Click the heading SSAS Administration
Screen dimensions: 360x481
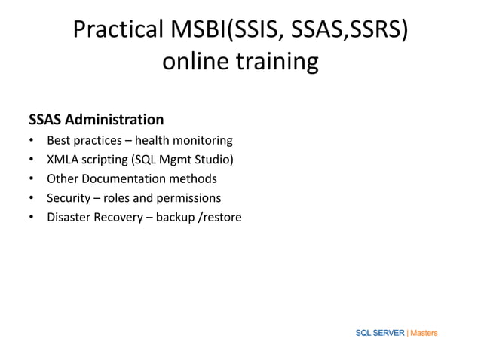pos(96,120)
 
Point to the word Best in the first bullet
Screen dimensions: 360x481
pos(60,140)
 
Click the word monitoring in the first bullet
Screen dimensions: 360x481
pos(201,140)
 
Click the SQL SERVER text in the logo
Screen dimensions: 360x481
pos(379,333)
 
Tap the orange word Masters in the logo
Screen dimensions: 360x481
pos(424,333)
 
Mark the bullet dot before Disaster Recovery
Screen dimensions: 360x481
pos(31,218)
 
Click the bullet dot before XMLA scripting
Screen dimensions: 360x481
pos(31,160)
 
